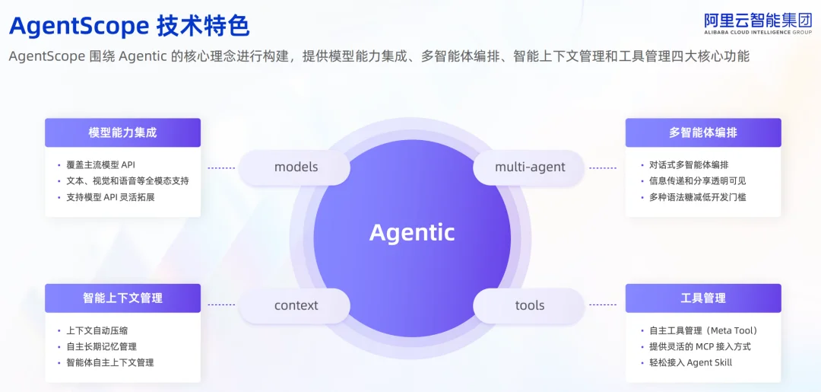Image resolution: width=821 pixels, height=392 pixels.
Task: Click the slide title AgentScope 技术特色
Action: click(128, 27)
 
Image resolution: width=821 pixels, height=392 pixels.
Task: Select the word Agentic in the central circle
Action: click(412, 232)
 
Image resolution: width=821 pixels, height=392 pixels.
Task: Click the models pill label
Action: click(296, 167)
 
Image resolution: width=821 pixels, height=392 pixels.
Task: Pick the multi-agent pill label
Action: click(530, 167)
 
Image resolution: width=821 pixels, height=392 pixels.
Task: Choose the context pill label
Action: click(296, 305)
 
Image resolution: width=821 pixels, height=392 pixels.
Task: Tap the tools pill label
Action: click(530, 305)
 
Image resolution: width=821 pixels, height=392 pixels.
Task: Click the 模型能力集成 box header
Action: click(122, 132)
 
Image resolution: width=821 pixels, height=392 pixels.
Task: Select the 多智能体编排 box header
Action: click(703, 132)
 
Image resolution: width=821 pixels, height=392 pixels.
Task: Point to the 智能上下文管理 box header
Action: click(122, 298)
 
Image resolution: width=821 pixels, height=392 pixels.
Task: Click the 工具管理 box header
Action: click(703, 298)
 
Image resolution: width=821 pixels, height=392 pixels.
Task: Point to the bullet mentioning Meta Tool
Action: click(703, 330)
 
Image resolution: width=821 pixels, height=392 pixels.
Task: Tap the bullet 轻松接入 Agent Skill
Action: click(690, 362)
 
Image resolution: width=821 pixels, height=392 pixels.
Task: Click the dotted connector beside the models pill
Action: click(221, 167)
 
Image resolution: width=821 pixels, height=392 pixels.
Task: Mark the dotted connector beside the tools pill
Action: click(603, 305)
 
